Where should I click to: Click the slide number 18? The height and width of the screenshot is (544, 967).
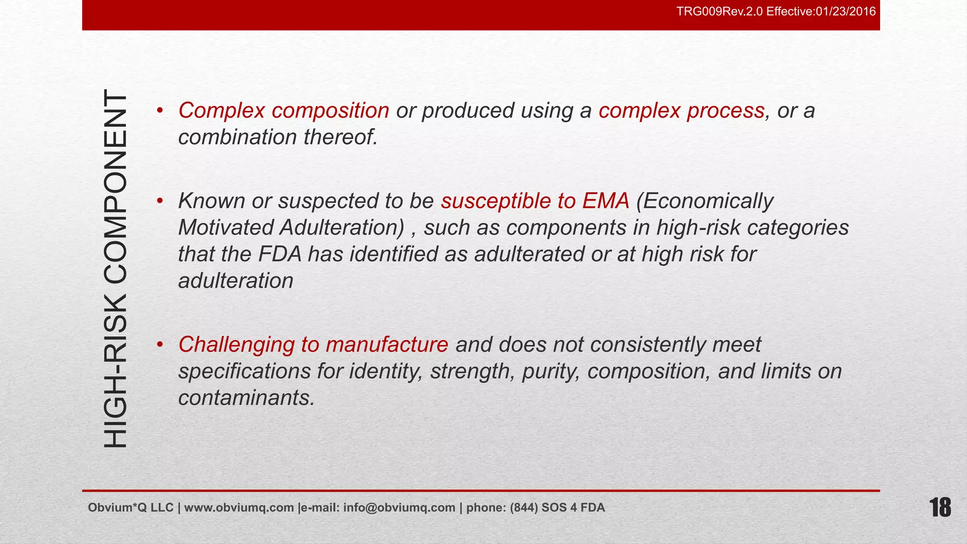[940, 508]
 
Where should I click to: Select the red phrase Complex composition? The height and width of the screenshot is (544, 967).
[284, 110]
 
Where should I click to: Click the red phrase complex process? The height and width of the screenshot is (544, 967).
[681, 110]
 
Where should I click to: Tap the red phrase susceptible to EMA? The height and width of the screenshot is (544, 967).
[535, 201]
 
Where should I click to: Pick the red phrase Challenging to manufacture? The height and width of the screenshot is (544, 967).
[313, 345]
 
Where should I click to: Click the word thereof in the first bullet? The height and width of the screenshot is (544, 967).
[340, 137]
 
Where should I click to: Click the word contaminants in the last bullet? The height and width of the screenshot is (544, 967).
[246, 398]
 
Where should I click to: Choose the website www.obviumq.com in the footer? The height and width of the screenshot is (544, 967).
[239, 508]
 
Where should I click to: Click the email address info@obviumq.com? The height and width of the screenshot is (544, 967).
[399, 508]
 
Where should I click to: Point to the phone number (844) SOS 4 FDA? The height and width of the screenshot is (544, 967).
[557, 508]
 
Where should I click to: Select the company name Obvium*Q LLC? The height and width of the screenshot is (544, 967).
[130, 508]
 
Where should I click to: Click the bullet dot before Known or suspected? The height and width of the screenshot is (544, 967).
[160, 201]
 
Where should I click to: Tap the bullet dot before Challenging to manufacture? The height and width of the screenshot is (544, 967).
[160, 345]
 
